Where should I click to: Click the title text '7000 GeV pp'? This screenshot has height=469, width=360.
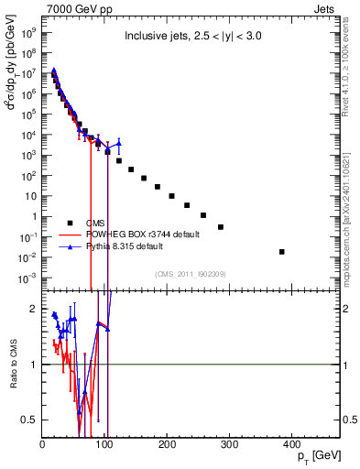[x=73, y=8]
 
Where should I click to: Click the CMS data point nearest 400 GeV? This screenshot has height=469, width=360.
[x=282, y=252]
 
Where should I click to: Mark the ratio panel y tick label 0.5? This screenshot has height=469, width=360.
[x=28, y=420]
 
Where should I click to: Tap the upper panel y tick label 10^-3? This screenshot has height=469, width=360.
[x=27, y=278]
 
